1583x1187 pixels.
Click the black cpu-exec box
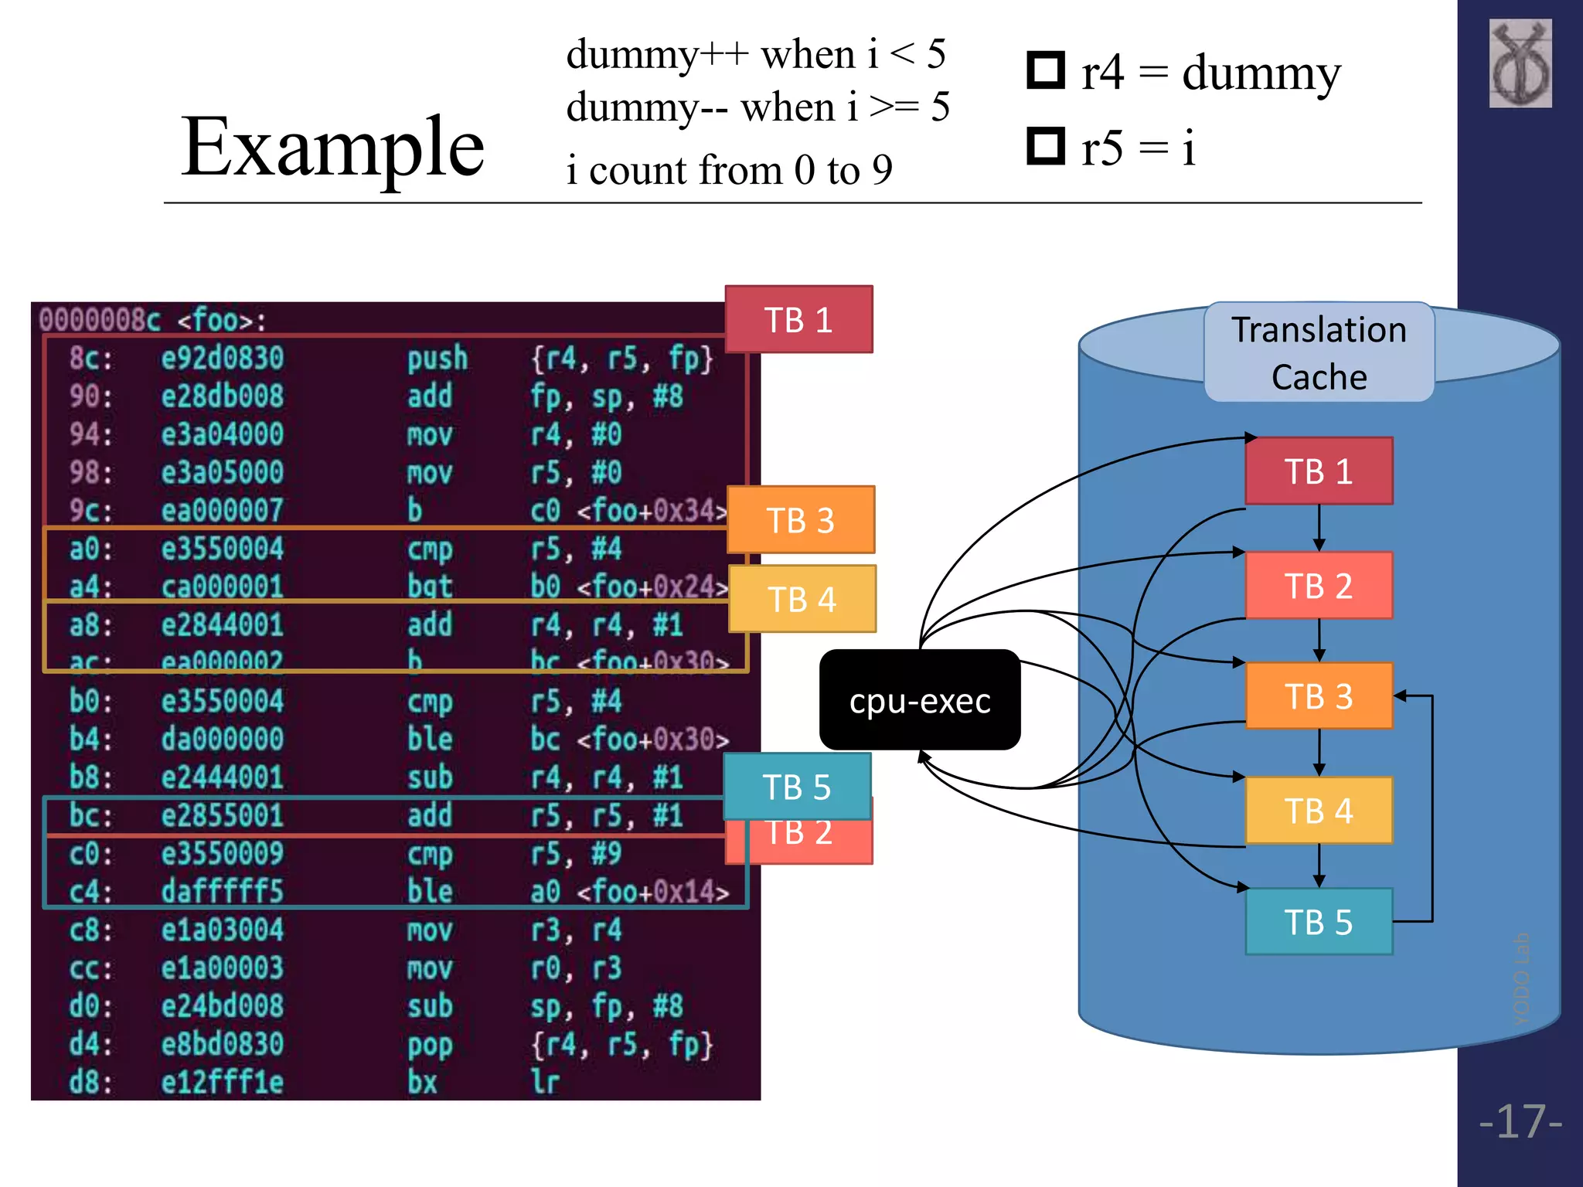pos(919,700)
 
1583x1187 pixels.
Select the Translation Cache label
pos(1319,352)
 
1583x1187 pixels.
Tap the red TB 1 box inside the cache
pos(1319,471)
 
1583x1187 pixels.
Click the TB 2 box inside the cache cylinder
pos(1319,586)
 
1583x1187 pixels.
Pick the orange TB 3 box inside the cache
pos(1319,696)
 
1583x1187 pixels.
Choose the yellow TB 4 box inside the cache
pos(1319,811)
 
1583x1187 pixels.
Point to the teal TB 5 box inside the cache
pos(1319,922)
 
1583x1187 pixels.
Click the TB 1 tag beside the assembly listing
pos(798,320)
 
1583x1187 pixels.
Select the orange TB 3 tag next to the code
pos(801,520)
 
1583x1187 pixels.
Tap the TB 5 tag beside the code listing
pos(797,787)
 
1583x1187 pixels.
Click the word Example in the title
pos(332,147)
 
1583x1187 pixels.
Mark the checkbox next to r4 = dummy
pos(1046,70)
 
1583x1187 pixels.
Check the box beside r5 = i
pos(1046,145)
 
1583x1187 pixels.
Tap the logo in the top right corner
pos(1520,63)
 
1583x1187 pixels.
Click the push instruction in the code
pos(437,359)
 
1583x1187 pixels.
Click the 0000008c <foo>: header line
pos(152,320)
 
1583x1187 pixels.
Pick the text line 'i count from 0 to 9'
pos(729,170)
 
